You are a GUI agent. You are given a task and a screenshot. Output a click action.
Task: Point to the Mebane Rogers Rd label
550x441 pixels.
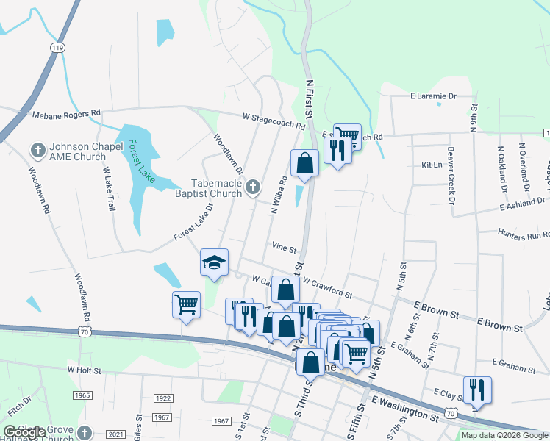tap(66, 114)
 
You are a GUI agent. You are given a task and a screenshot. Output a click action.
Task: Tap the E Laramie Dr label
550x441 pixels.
tap(433, 96)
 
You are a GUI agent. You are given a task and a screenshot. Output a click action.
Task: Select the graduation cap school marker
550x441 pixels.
tap(215, 262)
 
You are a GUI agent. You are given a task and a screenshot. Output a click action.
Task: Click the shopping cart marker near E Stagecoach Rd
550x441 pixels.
tap(347, 136)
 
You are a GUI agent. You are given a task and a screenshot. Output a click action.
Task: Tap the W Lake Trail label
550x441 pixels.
tap(110, 188)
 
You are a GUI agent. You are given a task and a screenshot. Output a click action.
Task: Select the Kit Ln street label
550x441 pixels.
tap(431, 166)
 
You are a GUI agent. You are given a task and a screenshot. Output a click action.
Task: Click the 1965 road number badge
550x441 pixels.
tap(82, 395)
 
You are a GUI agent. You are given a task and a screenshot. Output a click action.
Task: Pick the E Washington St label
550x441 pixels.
tap(404, 409)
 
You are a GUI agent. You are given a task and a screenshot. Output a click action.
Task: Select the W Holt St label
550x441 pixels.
tap(84, 370)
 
